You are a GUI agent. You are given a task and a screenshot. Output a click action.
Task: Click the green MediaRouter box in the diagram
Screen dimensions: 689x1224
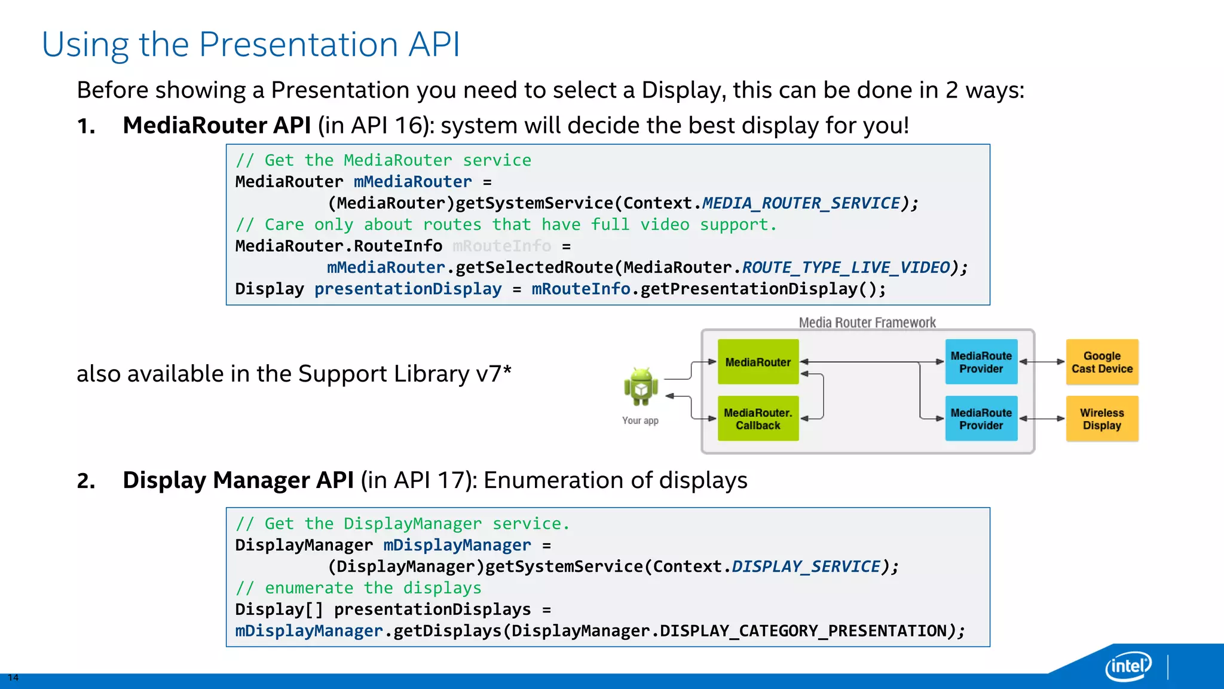pos(758,362)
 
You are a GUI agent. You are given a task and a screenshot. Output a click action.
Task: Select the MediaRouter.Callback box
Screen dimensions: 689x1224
pos(758,419)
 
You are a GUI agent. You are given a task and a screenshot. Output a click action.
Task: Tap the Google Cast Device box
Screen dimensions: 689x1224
pos(1102,362)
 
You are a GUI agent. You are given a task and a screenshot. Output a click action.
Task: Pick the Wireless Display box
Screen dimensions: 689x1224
pos(1102,419)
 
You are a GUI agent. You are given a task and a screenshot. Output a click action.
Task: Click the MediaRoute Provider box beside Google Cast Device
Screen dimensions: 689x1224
pos(981,362)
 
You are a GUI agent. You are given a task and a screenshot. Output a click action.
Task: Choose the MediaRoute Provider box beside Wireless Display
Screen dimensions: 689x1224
pos(981,419)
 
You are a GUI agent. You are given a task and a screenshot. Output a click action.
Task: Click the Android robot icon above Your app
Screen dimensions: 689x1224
pos(641,387)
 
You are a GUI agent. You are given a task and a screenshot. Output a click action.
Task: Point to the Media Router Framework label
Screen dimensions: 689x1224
pos(867,322)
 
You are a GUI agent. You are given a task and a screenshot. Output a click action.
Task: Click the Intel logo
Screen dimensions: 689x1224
pos(1128,666)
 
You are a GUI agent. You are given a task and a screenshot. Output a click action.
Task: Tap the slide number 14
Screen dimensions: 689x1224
pos(13,678)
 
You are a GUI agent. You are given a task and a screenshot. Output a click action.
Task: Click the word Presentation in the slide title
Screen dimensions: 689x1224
pos(298,45)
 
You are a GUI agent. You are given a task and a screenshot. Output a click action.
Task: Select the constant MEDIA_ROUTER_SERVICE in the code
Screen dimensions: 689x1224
pos(801,203)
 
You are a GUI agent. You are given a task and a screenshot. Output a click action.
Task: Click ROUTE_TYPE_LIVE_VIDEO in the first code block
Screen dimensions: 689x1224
pos(846,267)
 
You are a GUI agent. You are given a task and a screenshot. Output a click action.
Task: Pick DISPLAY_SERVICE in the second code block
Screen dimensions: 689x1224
pos(806,566)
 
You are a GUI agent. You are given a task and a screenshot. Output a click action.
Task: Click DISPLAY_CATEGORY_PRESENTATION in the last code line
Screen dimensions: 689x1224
pos(803,631)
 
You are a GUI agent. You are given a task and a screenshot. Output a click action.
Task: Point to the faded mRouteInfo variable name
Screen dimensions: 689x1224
pos(502,246)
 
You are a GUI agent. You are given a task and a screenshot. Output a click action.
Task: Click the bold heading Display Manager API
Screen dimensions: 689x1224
pos(238,480)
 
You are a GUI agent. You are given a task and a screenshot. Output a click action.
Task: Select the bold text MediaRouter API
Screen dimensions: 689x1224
pos(216,126)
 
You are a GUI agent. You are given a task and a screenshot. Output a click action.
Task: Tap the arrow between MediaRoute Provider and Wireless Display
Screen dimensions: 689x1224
pos(1042,419)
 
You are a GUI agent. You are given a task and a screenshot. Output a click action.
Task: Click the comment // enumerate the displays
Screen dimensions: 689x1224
pos(359,588)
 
